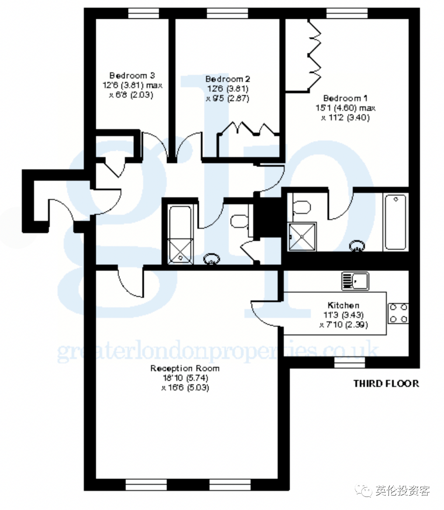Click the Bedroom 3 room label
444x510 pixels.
click(132, 76)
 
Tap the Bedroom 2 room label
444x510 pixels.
click(228, 79)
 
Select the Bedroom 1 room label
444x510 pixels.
click(345, 98)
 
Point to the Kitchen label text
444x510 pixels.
click(343, 305)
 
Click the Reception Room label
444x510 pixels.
click(185, 368)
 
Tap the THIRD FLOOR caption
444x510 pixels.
click(386, 384)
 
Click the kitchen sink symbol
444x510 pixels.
click(355, 281)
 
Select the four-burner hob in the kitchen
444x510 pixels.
click(398, 313)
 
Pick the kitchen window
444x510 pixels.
click(350, 362)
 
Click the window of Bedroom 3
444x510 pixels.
click(144, 13)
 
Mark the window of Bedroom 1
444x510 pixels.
click(347, 13)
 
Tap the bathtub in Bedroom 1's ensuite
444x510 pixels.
click(395, 222)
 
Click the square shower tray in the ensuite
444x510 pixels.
click(302, 237)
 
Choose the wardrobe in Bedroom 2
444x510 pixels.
click(248, 140)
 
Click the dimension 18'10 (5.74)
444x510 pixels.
click(185, 378)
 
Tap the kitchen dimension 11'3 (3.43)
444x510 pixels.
click(343, 315)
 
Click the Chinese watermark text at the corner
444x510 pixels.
click(402, 490)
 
